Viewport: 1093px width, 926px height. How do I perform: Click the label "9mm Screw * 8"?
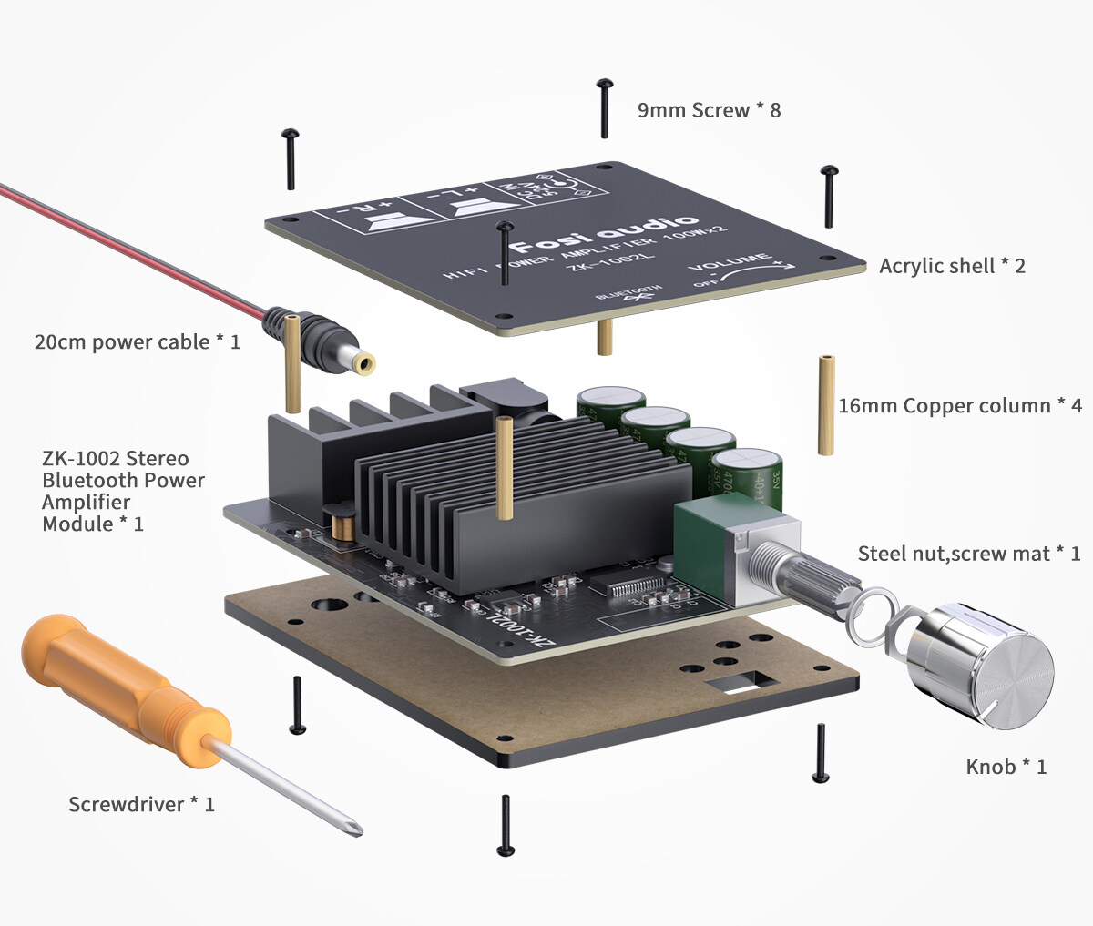(x=709, y=110)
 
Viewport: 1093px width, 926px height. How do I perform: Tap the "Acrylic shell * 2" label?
(x=952, y=266)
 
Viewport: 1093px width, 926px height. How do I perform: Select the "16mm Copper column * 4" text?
(x=960, y=406)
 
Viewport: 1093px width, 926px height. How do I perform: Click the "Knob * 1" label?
(x=1006, y=767)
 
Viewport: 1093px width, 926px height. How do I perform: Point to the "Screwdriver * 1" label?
(x=141, y=804)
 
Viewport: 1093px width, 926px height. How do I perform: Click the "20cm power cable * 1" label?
(x=137, y=342)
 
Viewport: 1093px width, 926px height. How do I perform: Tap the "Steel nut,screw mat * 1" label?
(x=969, y=554)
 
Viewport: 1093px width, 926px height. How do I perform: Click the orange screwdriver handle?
(x=109, y=683)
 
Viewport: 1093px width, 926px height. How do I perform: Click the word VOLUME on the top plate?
(x=729, y=264)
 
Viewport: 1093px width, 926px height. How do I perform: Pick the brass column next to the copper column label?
(x=826, y=404)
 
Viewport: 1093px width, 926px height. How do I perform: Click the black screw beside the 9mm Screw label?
(x=605, y=108)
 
